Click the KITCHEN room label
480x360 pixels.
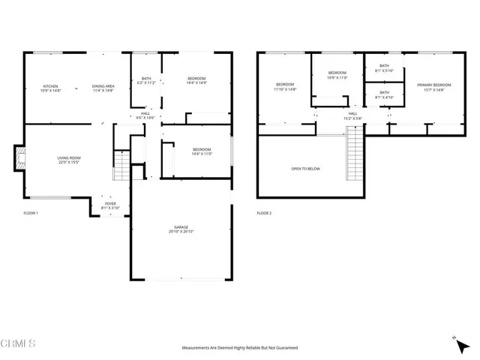(50, 88)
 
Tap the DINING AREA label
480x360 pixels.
(103, 88)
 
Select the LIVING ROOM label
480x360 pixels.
(69, 160)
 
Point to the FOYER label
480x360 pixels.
(110, 205)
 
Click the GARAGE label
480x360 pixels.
(181, 229)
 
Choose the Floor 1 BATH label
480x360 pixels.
(146, 80)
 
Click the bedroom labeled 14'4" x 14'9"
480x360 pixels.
(197, 81)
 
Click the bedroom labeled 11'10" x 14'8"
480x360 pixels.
(286, 86)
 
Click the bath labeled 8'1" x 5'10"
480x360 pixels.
(384, 68)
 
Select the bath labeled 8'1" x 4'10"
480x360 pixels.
(384, 94)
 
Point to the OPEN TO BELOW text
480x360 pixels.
(305, 169)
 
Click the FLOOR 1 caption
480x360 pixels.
(31, 214)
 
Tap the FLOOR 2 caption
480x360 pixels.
(264, 214)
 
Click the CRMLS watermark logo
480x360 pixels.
(19, 344)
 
